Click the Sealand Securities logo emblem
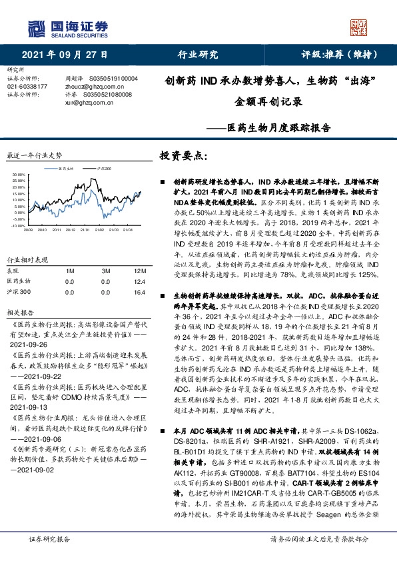(36, 28)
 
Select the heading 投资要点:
(184, 156)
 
